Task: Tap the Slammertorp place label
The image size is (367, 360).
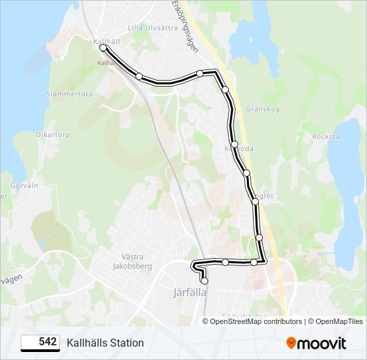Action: [69, 94]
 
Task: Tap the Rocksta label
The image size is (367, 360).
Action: [326, 137]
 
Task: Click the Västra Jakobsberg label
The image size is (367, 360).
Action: [128, 261]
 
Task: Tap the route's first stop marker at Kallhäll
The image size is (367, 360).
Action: [103, 48]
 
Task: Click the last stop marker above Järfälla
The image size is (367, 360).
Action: [204, 281]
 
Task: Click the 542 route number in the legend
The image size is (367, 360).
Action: [47, 342]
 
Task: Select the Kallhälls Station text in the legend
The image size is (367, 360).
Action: [105, 343]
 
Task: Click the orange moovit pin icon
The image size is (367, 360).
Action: [291, 343]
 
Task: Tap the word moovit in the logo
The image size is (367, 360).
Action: [323, 343]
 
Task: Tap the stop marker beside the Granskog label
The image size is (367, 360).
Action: [226, 89]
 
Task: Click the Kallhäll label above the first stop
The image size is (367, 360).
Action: [107, 41]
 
